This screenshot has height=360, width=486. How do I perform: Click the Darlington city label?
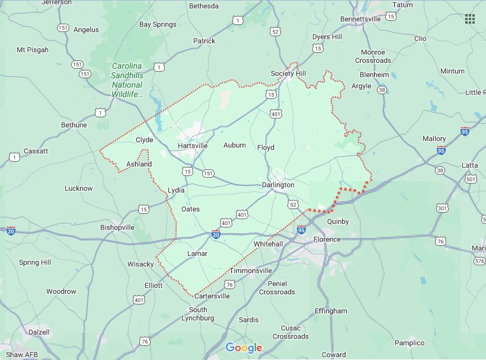(278, 185)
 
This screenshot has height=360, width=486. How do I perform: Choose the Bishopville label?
(118, 227)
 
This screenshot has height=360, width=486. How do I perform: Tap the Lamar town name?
(197, 253)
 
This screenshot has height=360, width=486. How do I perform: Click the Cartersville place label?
(212, 296)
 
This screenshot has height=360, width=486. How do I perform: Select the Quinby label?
(337, 221)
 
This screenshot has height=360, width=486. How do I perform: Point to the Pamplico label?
(410, 343)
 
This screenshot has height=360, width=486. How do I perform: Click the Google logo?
(243, 348)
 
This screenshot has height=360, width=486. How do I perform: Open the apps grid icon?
(470, 19)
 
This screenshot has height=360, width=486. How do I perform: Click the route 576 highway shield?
(479, 261)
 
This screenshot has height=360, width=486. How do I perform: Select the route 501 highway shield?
(471, 179)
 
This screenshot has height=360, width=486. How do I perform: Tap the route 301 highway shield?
(442, 208)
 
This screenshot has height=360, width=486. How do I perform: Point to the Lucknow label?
(78, 188)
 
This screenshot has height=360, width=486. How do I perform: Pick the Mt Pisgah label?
(33, 50)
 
